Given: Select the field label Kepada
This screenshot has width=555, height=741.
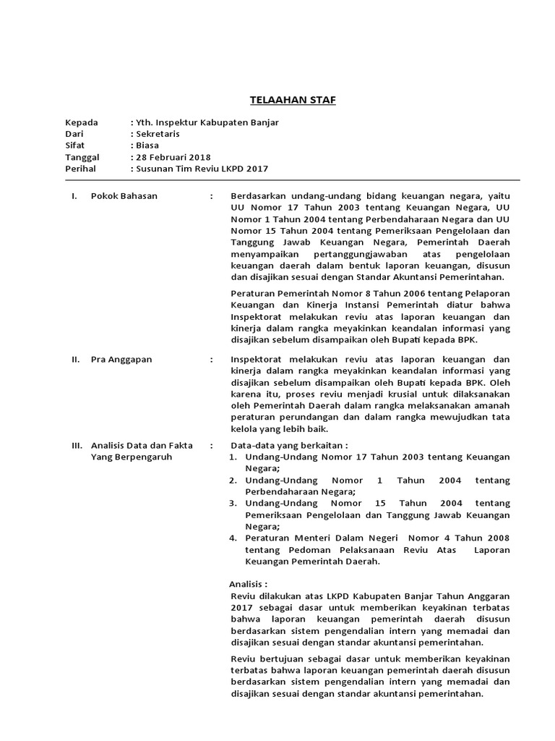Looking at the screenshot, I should coord(82,122).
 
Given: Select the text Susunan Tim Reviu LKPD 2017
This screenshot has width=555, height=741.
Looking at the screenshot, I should coord(202,169).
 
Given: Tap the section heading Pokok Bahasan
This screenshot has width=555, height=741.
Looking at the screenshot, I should coord(124,195).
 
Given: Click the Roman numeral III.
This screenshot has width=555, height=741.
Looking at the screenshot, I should coord(77,446).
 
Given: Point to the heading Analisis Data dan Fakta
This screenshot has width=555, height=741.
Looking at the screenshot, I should coord(141,446).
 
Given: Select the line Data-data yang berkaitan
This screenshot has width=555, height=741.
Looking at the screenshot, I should coord(288,446).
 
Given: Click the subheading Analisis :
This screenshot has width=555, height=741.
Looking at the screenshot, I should coord(249,583).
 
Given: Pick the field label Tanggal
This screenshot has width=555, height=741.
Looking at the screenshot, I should coord(84,157).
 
